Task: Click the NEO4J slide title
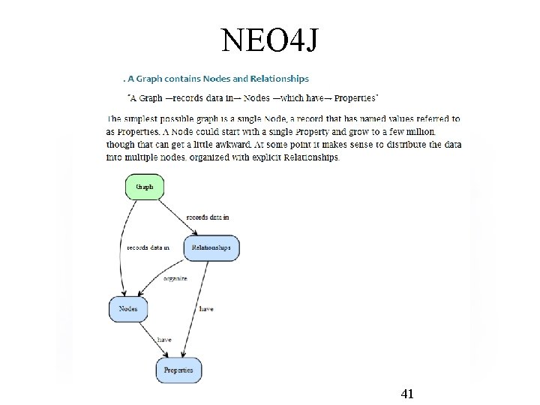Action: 270,40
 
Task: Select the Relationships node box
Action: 211,247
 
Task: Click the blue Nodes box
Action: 128,308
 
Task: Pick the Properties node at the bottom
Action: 178,370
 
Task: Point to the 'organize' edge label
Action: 175,278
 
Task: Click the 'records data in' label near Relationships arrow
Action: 208,217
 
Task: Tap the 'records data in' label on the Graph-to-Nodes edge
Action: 148,247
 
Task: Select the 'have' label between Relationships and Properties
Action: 206,309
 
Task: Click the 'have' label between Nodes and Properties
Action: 164,340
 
